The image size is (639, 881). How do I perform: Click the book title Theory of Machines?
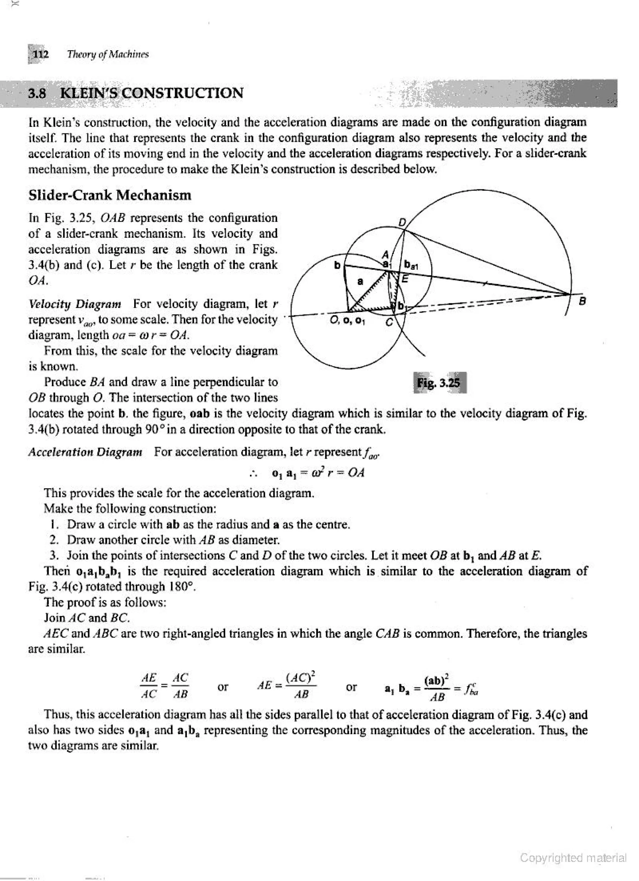pos(108,54)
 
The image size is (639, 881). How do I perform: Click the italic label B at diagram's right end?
pos(582,301)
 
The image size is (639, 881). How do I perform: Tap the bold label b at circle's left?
pos(337,265)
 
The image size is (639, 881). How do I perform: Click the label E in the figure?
pos(405,278)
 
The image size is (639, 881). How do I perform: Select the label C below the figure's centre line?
pos(389,322)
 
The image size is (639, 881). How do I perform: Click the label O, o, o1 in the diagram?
pos(347,321)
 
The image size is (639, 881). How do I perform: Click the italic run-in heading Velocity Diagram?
pos(75,303)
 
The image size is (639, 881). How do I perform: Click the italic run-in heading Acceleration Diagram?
pos(85,452)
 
